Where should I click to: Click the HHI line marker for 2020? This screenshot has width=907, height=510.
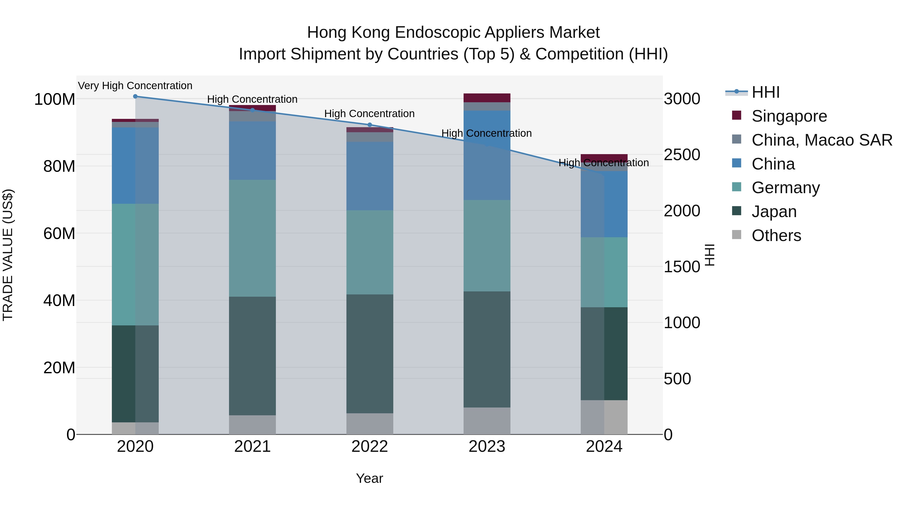click(x=135, y=96)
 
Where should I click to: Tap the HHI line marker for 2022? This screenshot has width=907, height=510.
click(x=369, y=125)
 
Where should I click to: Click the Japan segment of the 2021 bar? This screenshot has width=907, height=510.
click(x=252, y=355)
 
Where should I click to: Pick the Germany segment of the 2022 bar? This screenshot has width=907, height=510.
click(x=369, y=252)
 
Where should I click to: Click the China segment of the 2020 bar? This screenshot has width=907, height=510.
click(x=135, y=165)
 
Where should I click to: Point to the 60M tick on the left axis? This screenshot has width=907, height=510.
click(x=59, y=233)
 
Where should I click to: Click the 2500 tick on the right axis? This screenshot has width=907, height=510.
click(x=682, y=155)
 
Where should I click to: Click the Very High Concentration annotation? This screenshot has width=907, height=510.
click(x=135, y=86)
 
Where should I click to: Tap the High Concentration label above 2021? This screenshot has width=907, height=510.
click(x=252, y=99)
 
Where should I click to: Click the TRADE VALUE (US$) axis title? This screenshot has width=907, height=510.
click(x=8, y=255)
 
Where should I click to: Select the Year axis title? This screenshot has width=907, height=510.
click(x=369, y=478)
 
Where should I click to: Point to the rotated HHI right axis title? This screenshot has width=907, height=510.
click(x=710, y=255)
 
